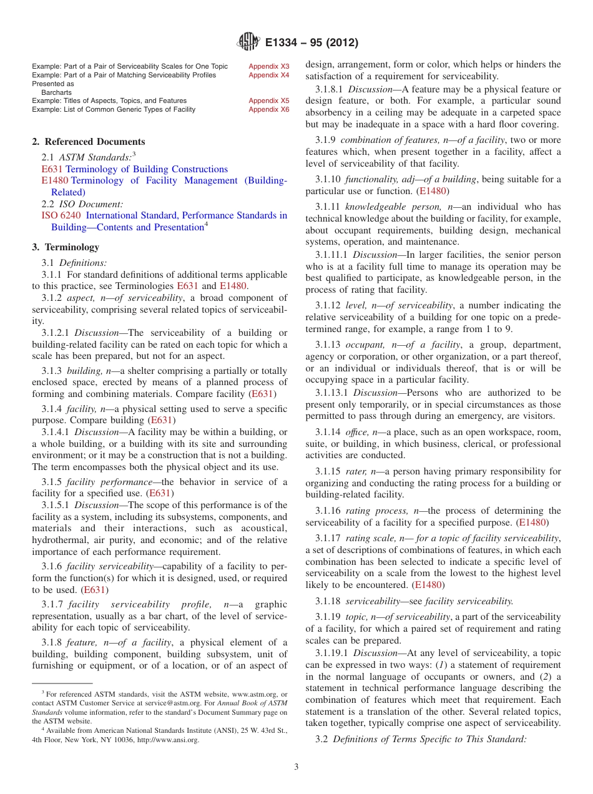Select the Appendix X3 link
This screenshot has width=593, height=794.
[x=268, y=66]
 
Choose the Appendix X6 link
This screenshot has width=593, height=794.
[x=268, y=109]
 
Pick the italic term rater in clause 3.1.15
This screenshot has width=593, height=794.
[x=356, y=471]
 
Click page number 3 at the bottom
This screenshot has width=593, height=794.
[x=296, y=767]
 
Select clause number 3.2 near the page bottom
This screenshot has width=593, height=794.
[x=321, y=739]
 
